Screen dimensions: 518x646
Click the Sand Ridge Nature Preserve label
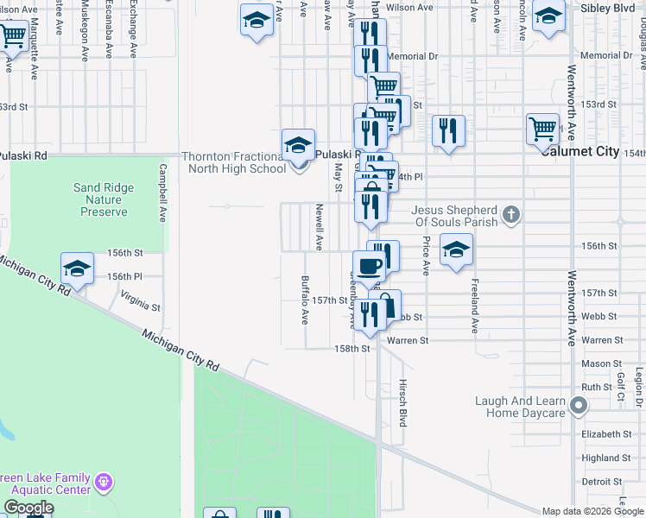click(x=100, y=199)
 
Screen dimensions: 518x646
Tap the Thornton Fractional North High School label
click(x=233, y=162)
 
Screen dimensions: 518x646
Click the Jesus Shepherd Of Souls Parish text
click(x=454, y=216)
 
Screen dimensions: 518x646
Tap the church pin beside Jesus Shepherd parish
click(x=511, y=214)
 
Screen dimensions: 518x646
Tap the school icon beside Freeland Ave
click(x=456, y=250)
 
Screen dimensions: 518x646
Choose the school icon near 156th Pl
click(x=77, y=268)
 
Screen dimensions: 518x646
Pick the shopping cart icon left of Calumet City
click(x=542, y=128)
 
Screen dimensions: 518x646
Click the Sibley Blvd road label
click(x=610, y=8)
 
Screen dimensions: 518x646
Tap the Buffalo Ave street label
click(x=304, y=300)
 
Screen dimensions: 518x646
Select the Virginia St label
click(x=141, y=302)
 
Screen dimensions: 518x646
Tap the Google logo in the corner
click(x=28, y=508)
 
